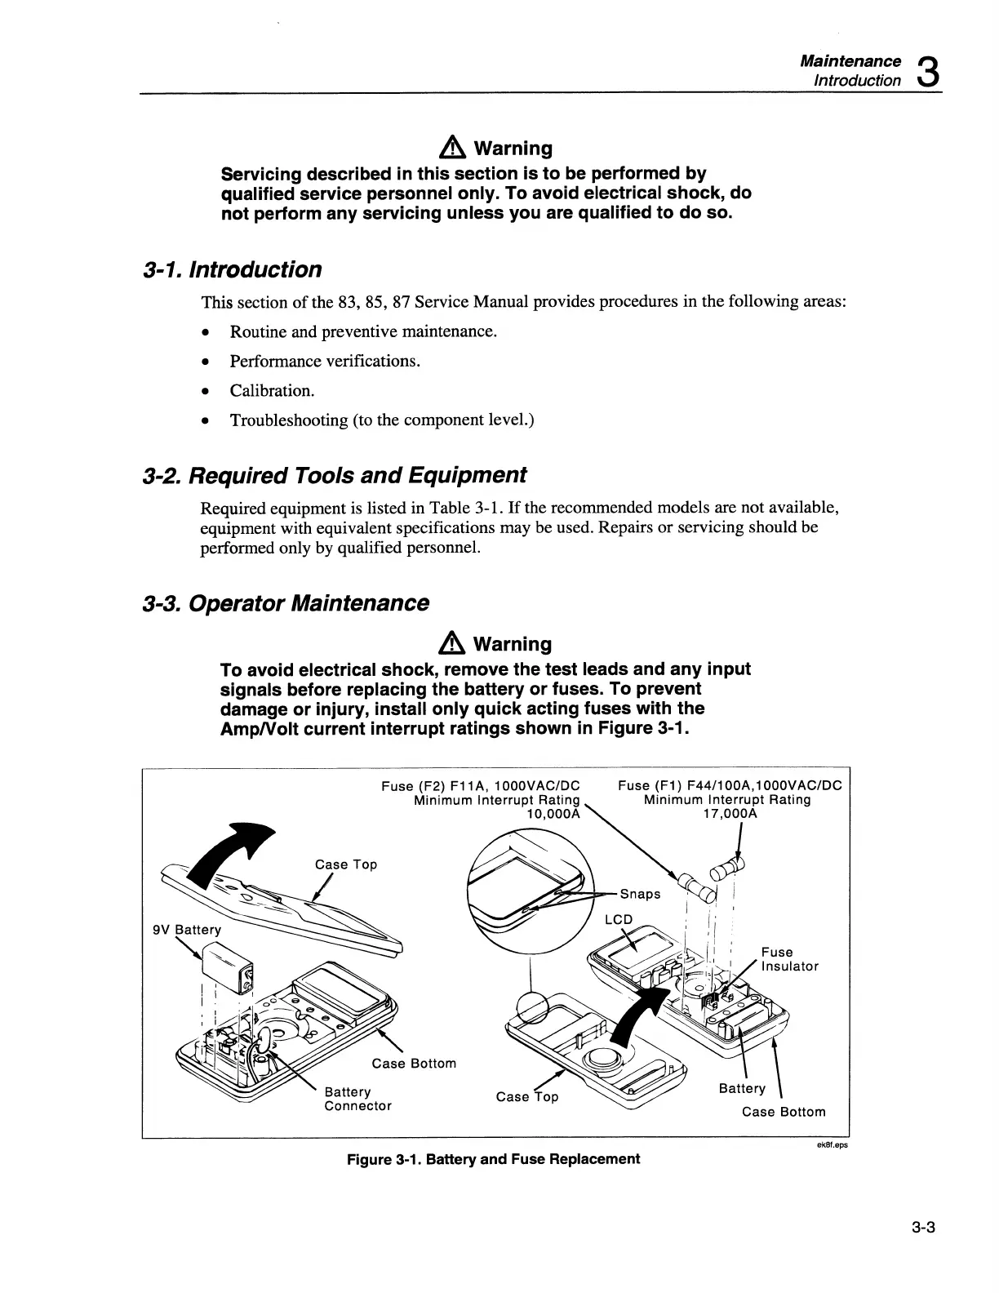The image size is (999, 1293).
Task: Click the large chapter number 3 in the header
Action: pos(927,71)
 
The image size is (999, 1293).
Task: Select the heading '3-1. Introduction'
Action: pos(232,269)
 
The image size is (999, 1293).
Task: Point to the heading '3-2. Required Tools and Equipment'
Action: pos(335,475)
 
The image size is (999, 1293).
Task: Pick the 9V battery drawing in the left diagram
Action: pos(229,968)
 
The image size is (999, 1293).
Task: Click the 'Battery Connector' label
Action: pos(357,1099)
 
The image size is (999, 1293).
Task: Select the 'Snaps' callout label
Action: pos(641,893)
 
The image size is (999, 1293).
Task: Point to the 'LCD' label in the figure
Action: pos(618,919)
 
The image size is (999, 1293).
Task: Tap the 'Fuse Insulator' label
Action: pos(789,959)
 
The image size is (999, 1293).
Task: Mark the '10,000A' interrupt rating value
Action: pos(553,814)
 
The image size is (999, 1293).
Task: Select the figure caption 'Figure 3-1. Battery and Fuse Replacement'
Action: pos(494,1159)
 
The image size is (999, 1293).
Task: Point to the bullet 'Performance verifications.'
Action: pos(325,361)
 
